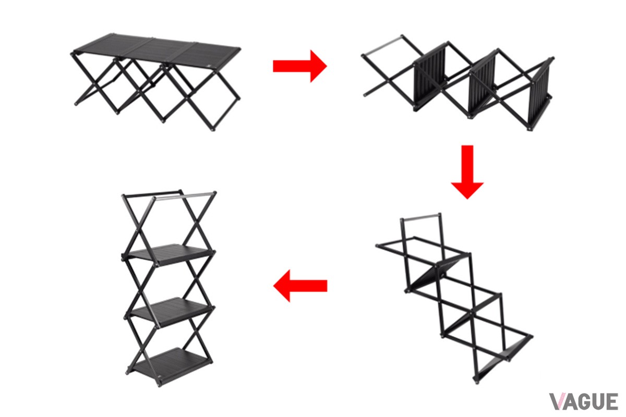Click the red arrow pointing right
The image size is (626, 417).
(300, 66)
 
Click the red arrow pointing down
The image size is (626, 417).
(467, 172)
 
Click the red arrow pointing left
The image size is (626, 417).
(300, 286)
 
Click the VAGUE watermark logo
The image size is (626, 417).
(583, 401)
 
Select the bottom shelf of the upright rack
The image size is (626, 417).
(171, 365)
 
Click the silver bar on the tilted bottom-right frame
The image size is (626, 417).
(420, 217)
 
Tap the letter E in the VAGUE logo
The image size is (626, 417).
(612, 401)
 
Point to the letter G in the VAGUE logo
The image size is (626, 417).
(584, 401)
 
